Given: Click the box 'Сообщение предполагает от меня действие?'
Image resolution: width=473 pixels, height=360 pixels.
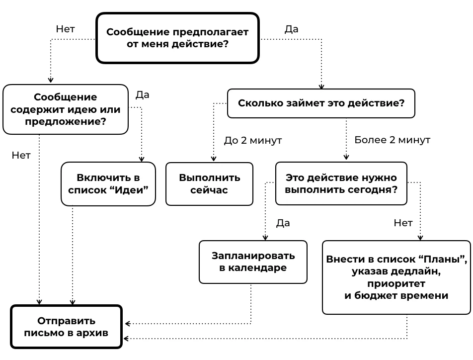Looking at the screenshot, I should coord(177,38).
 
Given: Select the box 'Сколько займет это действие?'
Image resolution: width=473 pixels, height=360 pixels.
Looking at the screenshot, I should coord(321,103).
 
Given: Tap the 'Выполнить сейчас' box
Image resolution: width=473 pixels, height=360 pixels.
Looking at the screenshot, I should coord(209,183).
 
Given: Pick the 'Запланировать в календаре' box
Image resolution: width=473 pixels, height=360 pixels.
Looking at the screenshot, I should coord(253,262).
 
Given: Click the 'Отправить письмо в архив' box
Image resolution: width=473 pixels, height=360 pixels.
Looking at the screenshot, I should coord(66,327).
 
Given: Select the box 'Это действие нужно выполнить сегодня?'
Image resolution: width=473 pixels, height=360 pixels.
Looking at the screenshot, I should coord(341,183).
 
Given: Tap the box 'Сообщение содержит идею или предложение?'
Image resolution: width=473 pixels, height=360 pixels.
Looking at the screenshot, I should coord(66,109).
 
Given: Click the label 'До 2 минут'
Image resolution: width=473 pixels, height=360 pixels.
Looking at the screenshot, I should coord(252,140).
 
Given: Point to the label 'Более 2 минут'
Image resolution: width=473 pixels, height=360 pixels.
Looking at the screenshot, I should coord(392,140).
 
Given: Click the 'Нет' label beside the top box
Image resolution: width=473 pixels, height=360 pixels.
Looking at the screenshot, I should coord(65,29).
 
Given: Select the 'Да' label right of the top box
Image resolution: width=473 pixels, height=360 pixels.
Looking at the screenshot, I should coord(291,29).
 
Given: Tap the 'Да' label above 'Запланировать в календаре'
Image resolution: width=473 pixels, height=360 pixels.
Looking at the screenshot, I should coord(283,223).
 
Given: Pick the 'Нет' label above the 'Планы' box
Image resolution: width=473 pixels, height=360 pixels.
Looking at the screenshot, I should coord(402,223).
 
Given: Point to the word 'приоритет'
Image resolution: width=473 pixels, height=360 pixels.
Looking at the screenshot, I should coord(396,283).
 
